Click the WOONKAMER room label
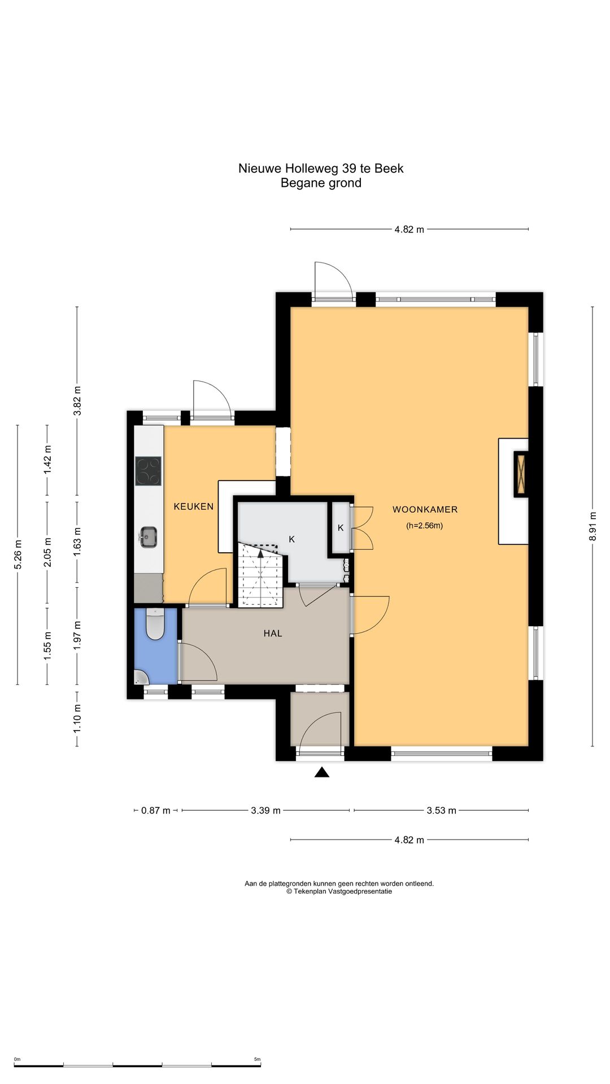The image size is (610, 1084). (x=425, y=509)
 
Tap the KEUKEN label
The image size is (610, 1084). (x=194, y=506)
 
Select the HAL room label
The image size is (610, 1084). (x=273, y=633)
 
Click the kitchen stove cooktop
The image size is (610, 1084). (x=149, y=471)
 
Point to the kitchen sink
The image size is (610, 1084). (x=149, y=537)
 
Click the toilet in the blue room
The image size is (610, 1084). (x=155, y=624)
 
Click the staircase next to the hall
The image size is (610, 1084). (x=260, y=575)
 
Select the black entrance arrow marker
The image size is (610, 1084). (x=322, y=772)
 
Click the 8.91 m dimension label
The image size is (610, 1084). (x=592, y=526)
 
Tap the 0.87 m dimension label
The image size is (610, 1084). (x=156, y=811)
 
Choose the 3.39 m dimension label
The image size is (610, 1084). (x=265, y=811)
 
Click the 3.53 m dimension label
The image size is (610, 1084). (x=441, y=811)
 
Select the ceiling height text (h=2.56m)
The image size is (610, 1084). (x=425, y=526)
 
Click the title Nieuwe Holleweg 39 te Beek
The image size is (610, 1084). (x=321, y=168)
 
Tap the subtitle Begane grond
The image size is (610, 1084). (x=321, y=183)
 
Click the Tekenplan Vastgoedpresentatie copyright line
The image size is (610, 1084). (x=339, y=891)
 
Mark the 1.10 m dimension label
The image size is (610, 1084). (x=77, y=719)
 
